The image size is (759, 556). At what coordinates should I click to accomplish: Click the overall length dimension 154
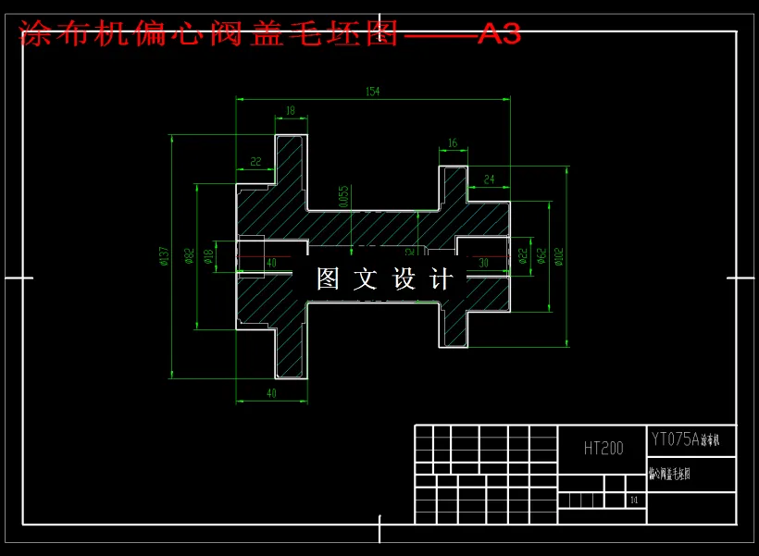373,92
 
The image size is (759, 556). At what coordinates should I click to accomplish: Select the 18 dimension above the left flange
291,111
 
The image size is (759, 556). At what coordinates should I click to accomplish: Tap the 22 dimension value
255,161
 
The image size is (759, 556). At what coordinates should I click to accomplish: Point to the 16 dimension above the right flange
452,143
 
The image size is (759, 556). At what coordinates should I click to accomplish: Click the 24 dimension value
489,179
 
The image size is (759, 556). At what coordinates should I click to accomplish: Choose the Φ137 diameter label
164,255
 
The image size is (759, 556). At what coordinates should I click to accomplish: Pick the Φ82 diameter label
190,255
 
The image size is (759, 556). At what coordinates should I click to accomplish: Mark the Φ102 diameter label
558,255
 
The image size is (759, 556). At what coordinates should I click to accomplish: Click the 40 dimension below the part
271,393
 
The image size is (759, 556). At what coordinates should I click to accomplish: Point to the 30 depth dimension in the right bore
482,263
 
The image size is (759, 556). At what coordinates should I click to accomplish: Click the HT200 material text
603,449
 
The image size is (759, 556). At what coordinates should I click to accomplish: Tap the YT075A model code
675,439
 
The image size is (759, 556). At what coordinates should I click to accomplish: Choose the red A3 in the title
499,34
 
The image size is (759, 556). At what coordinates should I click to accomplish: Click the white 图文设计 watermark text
385,278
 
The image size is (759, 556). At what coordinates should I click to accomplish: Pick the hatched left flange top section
290,171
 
